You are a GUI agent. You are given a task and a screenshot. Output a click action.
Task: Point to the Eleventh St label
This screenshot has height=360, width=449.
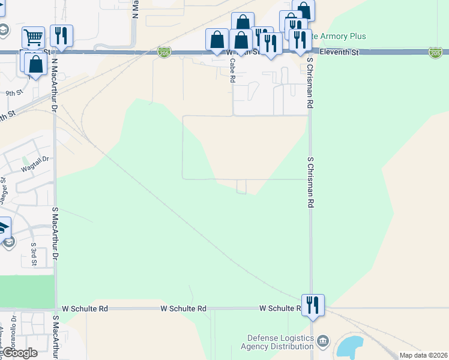point(339,53)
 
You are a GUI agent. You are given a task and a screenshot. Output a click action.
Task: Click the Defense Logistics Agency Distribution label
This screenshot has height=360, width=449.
point(277,342)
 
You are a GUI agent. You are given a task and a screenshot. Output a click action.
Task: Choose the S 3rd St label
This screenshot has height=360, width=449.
point(34,254)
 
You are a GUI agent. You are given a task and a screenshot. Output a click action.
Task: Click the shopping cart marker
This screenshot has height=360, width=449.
point(33,38)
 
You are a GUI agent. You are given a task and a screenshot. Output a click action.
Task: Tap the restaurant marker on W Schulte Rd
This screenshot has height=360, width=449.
point(313,305)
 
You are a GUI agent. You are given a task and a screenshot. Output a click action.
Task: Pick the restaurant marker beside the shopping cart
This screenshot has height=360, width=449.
point(61,36)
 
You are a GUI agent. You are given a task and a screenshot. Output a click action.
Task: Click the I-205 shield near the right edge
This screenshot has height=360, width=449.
point(435,53)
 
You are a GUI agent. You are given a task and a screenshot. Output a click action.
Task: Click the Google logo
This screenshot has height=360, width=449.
point(19,353)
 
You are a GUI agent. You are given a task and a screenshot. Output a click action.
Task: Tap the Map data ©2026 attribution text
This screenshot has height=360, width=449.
point(423,355)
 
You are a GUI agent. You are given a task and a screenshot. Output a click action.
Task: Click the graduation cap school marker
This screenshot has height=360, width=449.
point(2,227)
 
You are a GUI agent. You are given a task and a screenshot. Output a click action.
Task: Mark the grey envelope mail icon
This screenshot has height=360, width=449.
point(8,242)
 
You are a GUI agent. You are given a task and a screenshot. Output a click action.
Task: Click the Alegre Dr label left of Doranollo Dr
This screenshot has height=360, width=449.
point(2,339)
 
